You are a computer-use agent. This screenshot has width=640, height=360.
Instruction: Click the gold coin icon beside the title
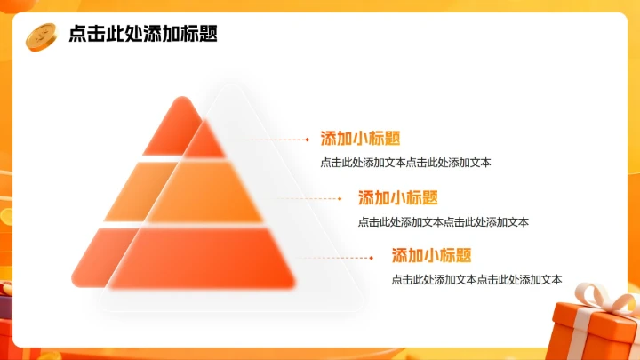41,36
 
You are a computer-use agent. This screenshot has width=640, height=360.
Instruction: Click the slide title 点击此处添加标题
143,35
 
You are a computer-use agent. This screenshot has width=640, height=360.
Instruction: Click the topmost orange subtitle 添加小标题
360,139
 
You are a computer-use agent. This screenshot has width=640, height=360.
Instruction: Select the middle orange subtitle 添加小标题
397,197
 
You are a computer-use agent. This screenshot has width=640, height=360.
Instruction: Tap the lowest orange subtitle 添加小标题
431,256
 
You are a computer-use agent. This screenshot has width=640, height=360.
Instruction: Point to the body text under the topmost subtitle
405,163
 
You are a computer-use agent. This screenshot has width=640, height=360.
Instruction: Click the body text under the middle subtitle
443,222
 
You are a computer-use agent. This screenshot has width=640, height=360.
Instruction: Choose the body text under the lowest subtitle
476,280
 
